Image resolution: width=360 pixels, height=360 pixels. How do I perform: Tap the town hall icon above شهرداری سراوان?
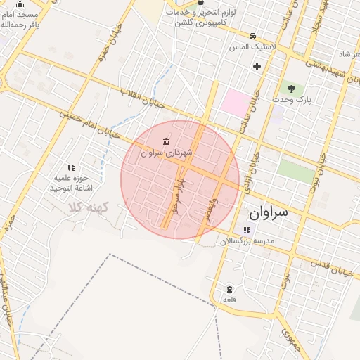[x=165, y=141]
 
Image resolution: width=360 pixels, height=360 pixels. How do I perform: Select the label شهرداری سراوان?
[x=161, y=152]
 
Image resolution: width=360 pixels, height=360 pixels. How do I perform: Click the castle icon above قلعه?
[x=229, y=289]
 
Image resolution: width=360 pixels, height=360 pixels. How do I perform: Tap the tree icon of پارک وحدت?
[x=291, y=89]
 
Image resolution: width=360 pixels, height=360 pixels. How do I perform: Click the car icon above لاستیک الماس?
[x=252, y=35]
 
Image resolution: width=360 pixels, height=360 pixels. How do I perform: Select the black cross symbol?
[x=257, y=67]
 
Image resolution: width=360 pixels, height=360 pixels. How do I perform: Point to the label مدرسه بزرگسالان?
[x=247, y=241]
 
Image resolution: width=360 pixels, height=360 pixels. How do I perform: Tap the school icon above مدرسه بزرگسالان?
[x=246, y=230]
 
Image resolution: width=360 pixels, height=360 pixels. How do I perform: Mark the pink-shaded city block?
[x=236, y=102]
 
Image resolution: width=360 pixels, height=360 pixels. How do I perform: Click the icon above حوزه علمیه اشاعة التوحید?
[x=71, y=167]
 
